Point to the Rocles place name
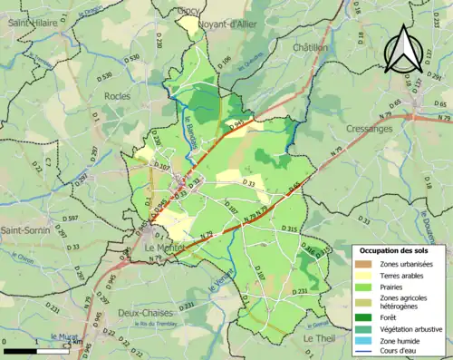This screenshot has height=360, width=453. (x=117, y=95)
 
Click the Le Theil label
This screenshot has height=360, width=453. (x=320, y=338)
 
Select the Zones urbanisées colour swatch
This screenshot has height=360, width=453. (x=366, y=264)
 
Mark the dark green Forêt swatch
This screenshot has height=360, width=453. (x=366, y=318)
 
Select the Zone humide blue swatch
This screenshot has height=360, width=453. (x=366, y=341)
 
